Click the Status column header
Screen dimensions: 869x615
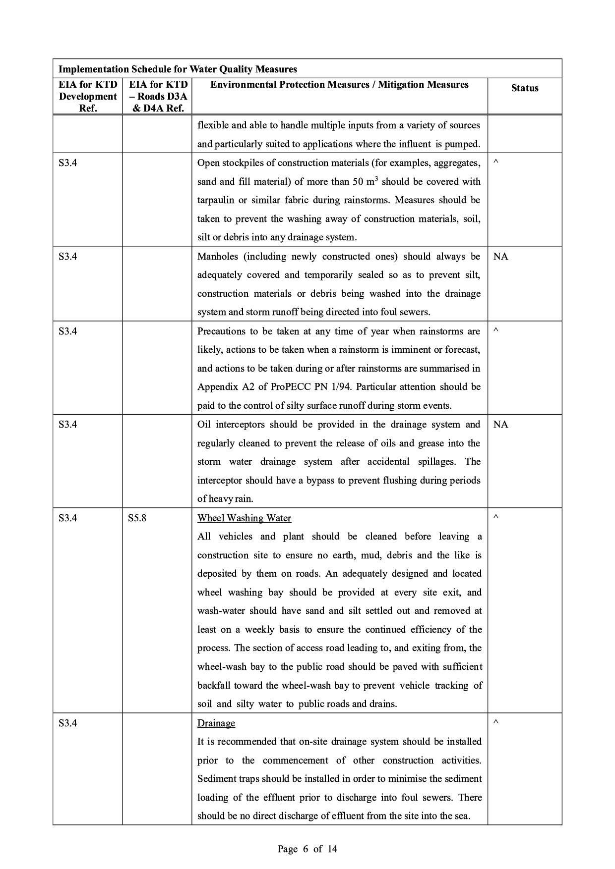tap(524, 88)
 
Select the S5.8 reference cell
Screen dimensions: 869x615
tap(137, 518)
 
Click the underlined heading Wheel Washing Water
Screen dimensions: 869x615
tap(244, 518)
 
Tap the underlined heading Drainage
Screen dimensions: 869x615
tap(216, 723)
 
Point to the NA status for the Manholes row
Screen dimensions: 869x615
tap(500, 257)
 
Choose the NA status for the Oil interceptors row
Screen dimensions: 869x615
tap(500, 425)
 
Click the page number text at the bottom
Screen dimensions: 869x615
tap(307, 849)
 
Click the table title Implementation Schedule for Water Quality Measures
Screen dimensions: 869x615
tap(178, 69)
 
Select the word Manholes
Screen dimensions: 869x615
tap(217, 257)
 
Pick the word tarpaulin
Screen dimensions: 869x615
tap(216, 200)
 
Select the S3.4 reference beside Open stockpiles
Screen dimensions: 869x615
tap(67, 163)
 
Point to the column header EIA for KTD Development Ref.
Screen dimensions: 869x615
tap(88, 96)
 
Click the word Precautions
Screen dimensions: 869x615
tap(221, 331)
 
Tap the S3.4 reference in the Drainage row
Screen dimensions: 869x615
tap(67, 723)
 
